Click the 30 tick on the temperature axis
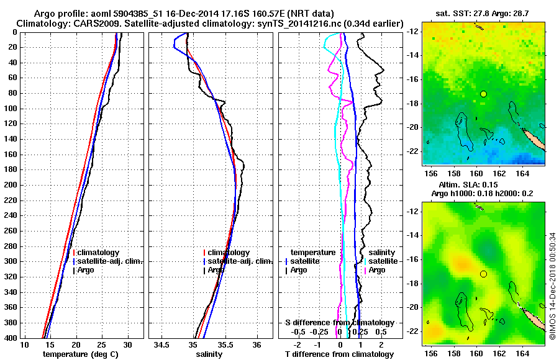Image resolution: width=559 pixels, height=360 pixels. [128, 344]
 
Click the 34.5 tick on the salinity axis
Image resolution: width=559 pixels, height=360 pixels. [161, 344]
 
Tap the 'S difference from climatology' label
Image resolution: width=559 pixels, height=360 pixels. [339, 323]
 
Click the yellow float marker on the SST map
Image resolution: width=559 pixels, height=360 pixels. [483, 94]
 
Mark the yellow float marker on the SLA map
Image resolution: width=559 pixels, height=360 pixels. [483, 274]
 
